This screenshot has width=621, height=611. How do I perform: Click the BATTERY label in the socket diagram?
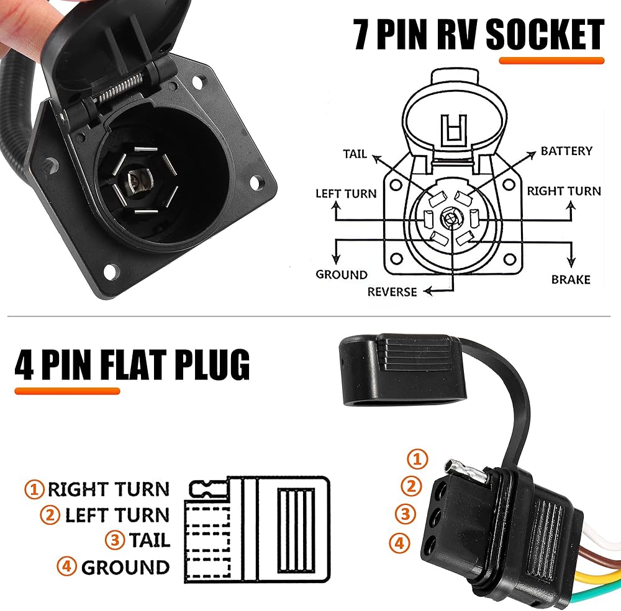[566, 151]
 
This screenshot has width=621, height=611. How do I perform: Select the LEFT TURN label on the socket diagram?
[346, 194]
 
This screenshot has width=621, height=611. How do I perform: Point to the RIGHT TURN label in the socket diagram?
[564, 190]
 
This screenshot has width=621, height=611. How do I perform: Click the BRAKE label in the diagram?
[571, 280]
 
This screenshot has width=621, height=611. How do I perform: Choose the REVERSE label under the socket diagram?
[392, 291]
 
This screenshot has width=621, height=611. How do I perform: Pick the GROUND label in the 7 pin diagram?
[342, 274]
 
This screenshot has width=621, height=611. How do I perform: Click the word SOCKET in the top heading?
[545, 35]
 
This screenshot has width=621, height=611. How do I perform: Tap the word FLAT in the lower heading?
[134, 366]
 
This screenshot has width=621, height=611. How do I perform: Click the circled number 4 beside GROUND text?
[66, 566]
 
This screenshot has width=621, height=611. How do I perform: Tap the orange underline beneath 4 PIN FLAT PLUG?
[67, 391]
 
